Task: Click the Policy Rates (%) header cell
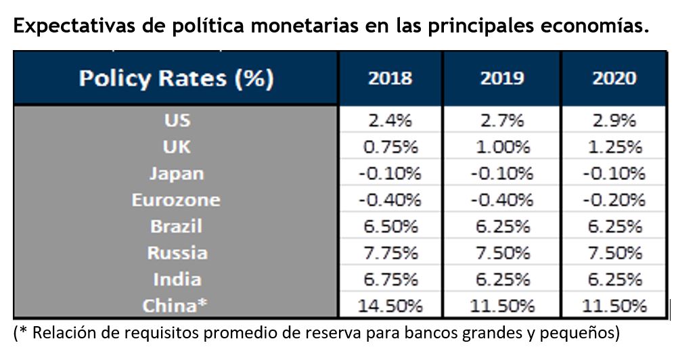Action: coord(176,78)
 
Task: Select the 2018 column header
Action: coord(390,78)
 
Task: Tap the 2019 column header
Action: coord(502,78)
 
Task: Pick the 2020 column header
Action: coord(614,78)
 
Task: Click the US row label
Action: coord(177,120)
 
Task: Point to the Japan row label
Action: coord(176,173)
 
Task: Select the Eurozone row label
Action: coord(176,200)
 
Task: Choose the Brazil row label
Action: coord(176,226)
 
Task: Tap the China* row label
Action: coord(175,306)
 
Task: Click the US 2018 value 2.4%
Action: coord(390,120)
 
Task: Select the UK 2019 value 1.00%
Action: coord(502,147)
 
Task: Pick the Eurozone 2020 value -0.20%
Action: coord(614,200)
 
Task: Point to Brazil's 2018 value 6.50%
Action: coord(390,226)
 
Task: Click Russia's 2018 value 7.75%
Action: coord(390,252)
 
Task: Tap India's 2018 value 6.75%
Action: coord(390,279)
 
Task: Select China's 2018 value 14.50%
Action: coord(390,306)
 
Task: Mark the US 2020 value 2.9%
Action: coord(614,120)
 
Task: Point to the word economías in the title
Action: coord(593,27)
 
